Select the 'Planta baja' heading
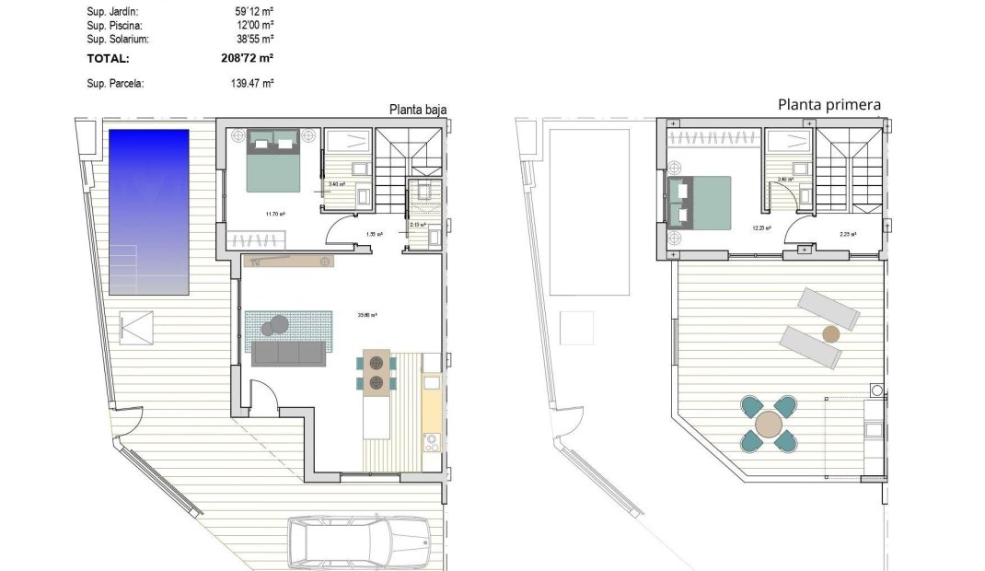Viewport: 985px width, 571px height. [x=417, y=110]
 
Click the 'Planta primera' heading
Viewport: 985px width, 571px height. [x=829, y=105]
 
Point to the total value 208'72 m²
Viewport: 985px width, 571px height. [x=243, y=58]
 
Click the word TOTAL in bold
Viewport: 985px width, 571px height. [x=108, y=58]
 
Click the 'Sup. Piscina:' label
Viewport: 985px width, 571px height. [x=116, y=26]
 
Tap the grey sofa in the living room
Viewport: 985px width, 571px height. [x=288, y=354]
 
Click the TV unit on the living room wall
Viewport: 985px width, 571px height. [x=288, y=262]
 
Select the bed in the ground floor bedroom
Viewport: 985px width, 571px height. [x=272, y=160]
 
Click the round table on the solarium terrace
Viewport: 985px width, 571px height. [x=768, y=425]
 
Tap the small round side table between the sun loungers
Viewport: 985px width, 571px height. [x=830, y=333]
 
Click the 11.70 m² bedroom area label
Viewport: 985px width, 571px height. [x=273, y=215]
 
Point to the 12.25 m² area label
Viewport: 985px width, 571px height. [x=761, y=227]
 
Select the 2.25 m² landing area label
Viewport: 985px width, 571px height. [x=848, y=234]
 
